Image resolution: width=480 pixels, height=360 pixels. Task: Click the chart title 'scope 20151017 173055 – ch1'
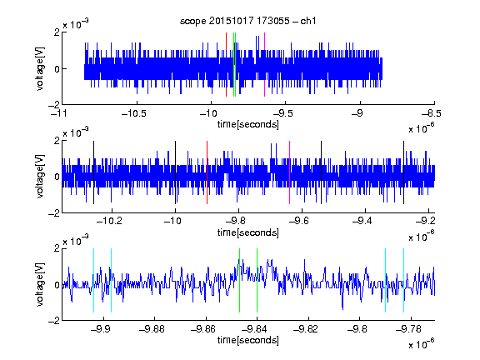[x=248, y=21]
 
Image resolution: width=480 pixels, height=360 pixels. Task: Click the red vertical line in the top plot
[x=226, y=65]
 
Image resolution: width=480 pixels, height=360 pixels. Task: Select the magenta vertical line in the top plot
[x=264, y=65]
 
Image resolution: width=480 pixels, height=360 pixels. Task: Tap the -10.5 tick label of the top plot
[x=134, y=113]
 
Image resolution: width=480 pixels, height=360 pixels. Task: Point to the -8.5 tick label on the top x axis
[x=432, y=113]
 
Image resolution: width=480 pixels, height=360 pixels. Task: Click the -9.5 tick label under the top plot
[x=282, y=113]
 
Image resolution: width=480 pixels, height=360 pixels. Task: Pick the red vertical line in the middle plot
[x=207, y=172]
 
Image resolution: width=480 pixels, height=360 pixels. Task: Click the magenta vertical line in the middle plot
[x=290, y=172]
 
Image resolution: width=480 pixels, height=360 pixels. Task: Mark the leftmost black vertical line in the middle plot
[x=93, y=172]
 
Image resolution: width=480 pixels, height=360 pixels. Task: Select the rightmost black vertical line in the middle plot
[x=403, y=172]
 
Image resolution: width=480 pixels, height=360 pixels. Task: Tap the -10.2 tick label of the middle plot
[x=109, y=221]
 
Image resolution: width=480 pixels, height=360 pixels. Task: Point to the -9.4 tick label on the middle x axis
[x=362, y=221]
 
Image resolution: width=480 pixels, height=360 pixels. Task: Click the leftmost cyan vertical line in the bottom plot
[x=93, y=280]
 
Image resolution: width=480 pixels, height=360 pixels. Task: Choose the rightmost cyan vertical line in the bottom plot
[x=403, y=280]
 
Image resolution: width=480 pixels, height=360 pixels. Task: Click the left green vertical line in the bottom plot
[x=239, y=280]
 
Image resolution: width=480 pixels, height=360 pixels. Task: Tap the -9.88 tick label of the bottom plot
[x=152, y=329]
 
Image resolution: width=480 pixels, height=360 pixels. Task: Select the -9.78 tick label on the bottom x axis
[x=408, y=329]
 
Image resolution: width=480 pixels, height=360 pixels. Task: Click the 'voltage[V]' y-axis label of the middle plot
[x=40, y=177]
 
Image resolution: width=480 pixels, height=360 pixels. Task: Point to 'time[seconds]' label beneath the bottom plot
[x=248, y=340]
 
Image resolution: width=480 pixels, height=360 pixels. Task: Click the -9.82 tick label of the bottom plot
[x=306, y=329]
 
